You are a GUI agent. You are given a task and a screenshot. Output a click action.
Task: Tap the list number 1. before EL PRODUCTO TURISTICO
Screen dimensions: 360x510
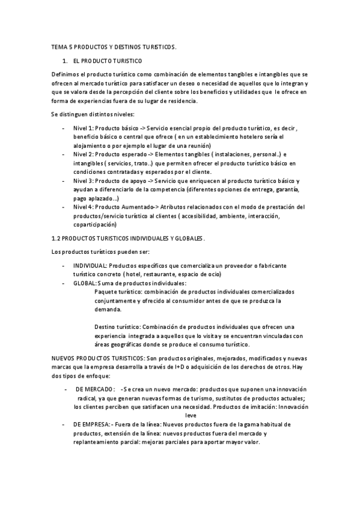pos(65,61)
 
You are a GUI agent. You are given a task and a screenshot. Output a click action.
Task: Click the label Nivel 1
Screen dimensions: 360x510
pos(84,128)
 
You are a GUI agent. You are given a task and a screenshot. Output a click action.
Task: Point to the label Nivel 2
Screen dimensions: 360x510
pos(84,154)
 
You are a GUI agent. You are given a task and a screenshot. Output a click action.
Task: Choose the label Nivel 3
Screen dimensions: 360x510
pos(84,180)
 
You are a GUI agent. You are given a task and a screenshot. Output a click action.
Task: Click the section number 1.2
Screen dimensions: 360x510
pos(57,238)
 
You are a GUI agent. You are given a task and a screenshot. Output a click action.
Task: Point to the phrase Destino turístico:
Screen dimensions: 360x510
pos(117,327)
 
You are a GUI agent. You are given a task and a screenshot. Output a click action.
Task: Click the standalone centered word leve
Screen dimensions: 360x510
pos(191,415)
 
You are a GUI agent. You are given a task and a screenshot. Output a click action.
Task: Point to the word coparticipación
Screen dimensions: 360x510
pos(94,225)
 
